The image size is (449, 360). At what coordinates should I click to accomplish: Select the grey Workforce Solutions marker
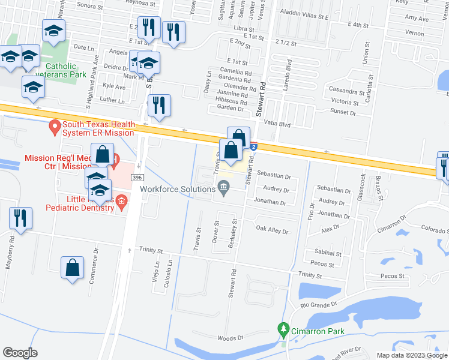[x=224, y=190]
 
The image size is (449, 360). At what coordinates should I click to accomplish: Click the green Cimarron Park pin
[x=283, y=329]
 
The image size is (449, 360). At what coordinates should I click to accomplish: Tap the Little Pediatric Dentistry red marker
[x=121, y=202]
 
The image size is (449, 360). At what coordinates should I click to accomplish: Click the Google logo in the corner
[x=20, y=353]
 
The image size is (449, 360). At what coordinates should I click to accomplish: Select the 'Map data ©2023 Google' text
[x=411, y=355]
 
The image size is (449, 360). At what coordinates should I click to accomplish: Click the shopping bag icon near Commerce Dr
[x=72, y=268]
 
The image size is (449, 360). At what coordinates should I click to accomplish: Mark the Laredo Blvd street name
[x=289, y=73]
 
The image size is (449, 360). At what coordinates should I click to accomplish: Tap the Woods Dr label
[x=231, y=338]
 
